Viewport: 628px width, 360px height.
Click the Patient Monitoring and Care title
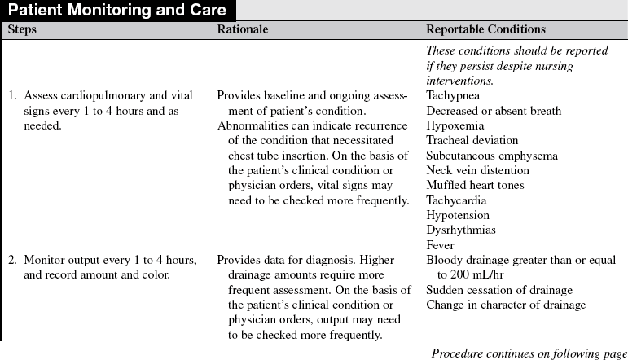point(118,11)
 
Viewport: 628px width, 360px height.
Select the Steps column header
point(22,29)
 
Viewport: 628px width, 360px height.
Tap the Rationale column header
point(242,29)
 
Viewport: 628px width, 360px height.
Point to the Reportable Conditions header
point(485,29)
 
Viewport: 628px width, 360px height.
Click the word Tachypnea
point(454,96)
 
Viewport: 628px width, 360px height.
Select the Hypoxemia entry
point(455,126)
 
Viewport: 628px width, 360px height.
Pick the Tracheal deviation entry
point(473,141)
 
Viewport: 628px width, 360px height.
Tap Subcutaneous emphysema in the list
point(492,156)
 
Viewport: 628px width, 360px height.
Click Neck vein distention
point(477,170)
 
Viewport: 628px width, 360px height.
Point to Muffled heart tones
point(475,185)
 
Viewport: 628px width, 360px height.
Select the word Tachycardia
point(456,200)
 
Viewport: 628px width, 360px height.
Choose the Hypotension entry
point(458,215)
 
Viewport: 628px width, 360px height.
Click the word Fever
point(440,244)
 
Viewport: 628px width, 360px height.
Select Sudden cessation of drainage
point(499,290)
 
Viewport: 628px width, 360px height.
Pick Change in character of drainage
point(506,305)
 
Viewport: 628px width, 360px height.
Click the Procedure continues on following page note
point(529,353)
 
